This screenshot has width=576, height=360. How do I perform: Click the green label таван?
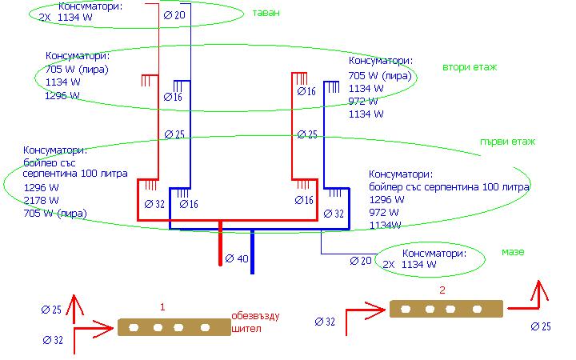pos(266,14)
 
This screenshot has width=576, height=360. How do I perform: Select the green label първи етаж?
pos(507,142)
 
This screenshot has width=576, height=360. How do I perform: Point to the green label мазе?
pos(513,252)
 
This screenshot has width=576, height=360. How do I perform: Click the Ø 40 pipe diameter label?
pos(238,259)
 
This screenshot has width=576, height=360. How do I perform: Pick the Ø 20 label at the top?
pos(174,15)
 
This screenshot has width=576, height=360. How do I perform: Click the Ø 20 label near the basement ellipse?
pos(362,261)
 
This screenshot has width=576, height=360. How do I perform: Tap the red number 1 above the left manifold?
pos(162,307)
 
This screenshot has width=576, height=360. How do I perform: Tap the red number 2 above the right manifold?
pos(442,290)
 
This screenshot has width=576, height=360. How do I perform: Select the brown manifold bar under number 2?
pos(446,309)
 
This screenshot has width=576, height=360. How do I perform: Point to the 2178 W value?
pos(41,200)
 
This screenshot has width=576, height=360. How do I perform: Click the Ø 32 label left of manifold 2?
pos(326,322)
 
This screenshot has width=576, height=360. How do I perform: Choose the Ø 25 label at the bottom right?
pos(542,326)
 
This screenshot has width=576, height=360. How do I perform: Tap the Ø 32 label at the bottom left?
pos(53,340)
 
